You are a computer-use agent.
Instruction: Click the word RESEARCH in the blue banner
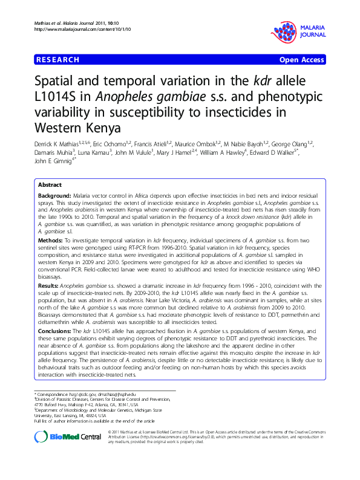(58, 60)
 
